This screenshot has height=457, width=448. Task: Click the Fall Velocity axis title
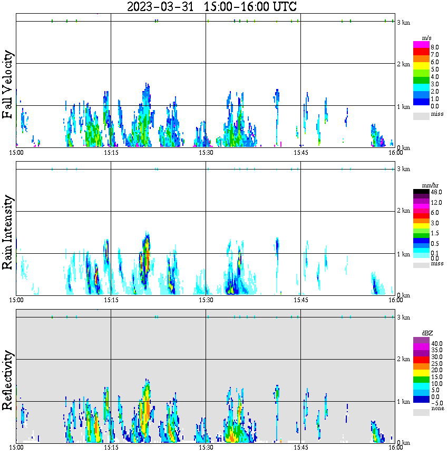pos(8,85)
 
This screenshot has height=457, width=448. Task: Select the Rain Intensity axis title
pos(8,232)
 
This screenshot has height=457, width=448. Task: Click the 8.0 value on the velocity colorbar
pos(435,47)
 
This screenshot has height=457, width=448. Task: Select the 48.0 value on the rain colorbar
pos(436,193)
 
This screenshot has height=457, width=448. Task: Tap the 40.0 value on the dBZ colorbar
pos(436,343)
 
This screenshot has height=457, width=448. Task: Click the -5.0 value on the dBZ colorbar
pos(436,403)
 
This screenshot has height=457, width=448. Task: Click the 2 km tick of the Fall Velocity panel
pos(403,64)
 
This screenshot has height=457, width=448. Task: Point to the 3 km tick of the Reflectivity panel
pos(403,317)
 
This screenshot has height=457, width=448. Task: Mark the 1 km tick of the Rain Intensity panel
pos(403,254)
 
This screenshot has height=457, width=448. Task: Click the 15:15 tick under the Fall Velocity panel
pos(111,153)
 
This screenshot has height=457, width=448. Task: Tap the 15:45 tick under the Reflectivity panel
pos(300,448)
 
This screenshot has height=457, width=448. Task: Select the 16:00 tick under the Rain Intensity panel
pos(395,300)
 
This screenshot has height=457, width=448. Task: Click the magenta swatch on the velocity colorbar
pos(421,45)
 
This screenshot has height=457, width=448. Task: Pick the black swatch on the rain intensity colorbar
pos(421,192)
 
